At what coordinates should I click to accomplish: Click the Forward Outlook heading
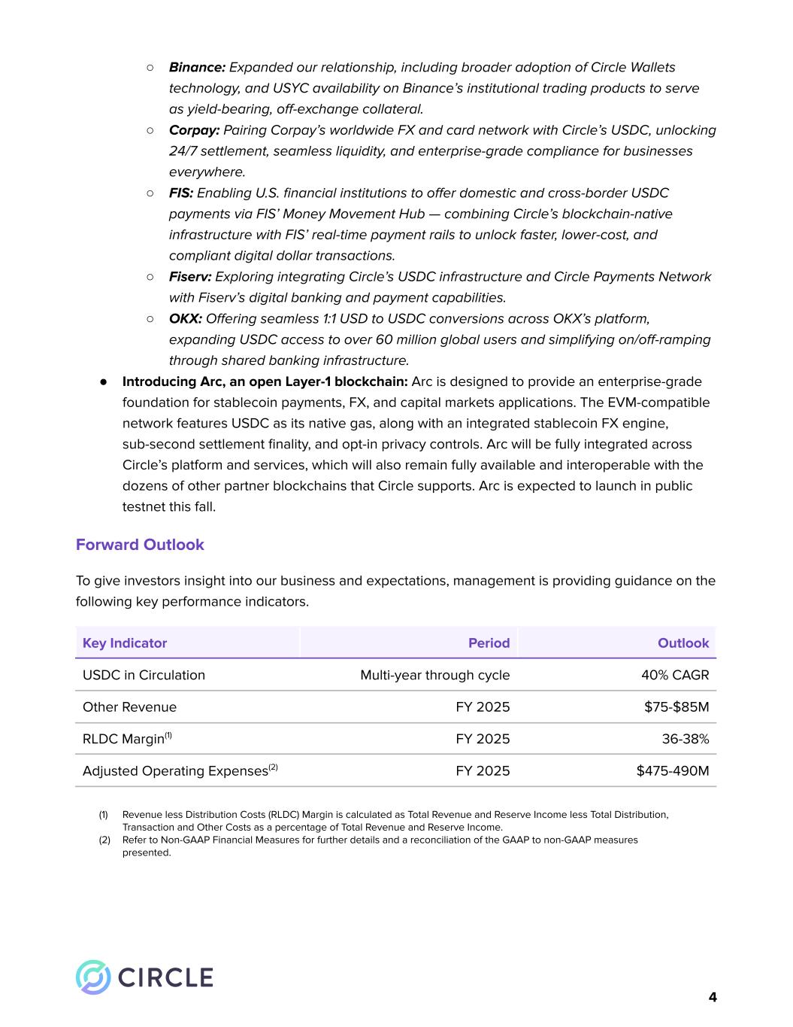(140, 545)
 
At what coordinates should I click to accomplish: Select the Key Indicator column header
(125, 643)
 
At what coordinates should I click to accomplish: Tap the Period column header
(489, 643)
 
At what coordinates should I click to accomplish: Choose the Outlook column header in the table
(683, 643)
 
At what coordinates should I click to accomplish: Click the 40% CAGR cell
(675, 675)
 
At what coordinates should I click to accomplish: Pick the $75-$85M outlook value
(676, 707)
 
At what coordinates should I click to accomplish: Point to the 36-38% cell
(685, 739)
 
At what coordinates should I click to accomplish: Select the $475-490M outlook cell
(673, 771)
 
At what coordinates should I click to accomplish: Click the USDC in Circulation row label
(144, 675)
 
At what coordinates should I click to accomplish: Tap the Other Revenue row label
(129, 707)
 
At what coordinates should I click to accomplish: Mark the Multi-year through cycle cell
(434, 675)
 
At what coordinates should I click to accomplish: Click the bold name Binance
(197, 68)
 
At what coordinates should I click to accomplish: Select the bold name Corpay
(194, 130)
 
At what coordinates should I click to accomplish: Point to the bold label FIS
(181, 193)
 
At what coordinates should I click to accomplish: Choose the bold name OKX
(186, 319)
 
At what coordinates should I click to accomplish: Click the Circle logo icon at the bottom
(93, 977)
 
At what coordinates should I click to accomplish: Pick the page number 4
(712, 998)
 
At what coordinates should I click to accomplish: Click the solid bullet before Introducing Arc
(104, 382)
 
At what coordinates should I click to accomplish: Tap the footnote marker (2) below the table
(104, 840)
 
